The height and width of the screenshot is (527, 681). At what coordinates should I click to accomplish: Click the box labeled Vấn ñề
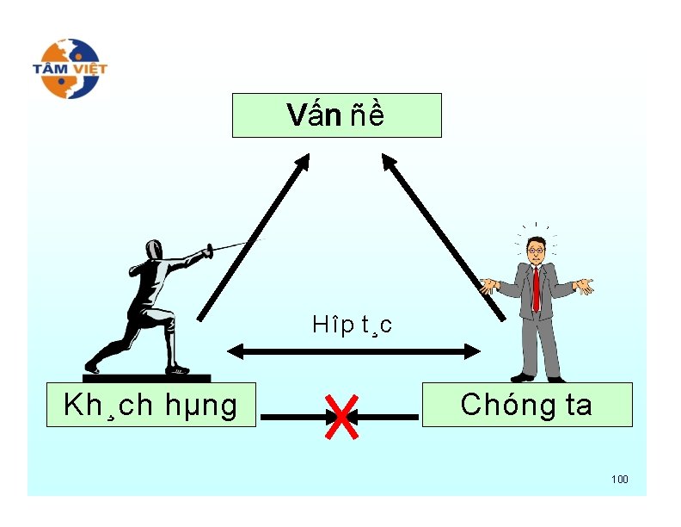click(x=336, y=115)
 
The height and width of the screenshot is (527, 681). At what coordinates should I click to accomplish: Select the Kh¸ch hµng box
click(x=150, y=405)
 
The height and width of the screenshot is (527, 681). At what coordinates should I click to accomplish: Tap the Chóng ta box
click(x=526, y=405)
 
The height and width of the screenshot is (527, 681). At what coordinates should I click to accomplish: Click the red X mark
click(x=341, y=417)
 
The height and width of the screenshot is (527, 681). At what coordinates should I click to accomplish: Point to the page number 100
click(x=619, y=479)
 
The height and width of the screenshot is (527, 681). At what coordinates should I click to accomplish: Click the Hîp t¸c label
click(x=353, y=325)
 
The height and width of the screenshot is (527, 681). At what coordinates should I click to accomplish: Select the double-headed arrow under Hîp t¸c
click(x=353, y=351)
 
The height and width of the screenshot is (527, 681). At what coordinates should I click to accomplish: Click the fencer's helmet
click(x=154, y=250)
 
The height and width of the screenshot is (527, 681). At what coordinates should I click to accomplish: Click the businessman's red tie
click(x=537, y=288)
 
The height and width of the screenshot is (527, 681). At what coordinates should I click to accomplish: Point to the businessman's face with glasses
click(x=536, y=250)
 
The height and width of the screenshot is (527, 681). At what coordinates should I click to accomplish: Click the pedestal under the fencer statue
click(x=146, y=377)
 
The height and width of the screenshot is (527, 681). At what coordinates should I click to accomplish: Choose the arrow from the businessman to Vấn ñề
click(x=443, y=237)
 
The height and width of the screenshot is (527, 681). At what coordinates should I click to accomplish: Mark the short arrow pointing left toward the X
click(x=387, y=417)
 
